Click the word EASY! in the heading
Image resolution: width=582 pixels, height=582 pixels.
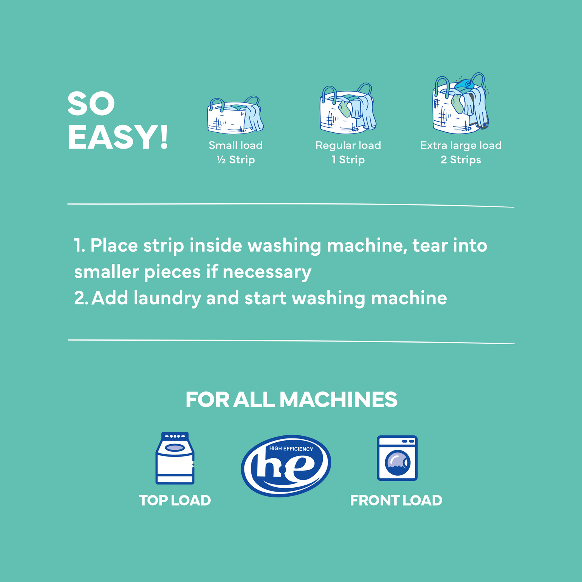[x=118, y=137]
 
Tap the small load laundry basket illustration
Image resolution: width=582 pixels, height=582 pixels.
[x=235, y=116]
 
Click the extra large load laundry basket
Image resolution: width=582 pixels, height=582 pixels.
[x=460, y=104]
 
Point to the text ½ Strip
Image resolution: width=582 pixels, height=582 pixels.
[x=236, y=160]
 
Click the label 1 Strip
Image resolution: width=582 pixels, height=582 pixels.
[x=348, y=160]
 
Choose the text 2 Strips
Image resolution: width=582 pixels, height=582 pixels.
[x=461, y=160]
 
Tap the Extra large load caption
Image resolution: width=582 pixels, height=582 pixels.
[x=461, y=145]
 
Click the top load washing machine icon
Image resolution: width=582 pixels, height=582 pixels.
[x=175, y=458]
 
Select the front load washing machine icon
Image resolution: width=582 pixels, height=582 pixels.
[x=397, y=458]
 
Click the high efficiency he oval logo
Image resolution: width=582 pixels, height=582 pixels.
[x=286, y=466]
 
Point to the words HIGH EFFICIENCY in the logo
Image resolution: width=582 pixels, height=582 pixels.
[x=291, y=449]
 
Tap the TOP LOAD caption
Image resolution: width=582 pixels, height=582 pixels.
[x=175, y=501]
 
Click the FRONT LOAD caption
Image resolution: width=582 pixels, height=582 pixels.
[x=396, y=501]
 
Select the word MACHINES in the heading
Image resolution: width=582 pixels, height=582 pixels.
[x=338, y=400]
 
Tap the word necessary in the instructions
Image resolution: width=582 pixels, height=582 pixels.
[x=267, y=272]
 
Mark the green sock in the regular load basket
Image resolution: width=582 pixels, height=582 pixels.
[x=345, y=109]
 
